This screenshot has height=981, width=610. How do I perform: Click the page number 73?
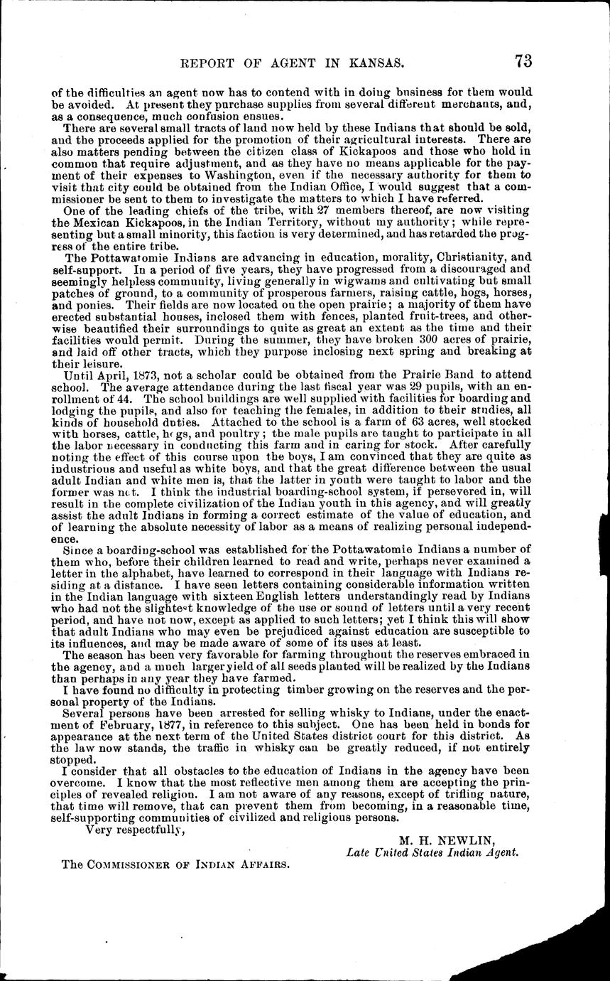(523, 61)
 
